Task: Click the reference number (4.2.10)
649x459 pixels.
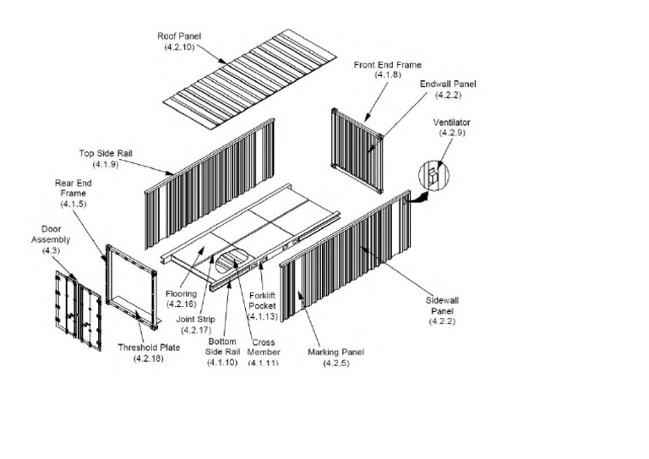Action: click(179, 47)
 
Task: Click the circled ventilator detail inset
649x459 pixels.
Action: click(434, 175)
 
